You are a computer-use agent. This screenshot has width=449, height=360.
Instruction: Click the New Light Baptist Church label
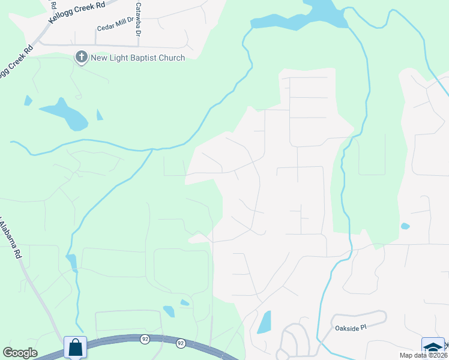coord(137,58)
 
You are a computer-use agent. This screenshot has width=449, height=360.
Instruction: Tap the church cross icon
coord(80,58)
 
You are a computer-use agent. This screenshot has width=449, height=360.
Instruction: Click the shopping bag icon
coord(75,347)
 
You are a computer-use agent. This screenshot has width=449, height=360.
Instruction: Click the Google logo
coord(20,353)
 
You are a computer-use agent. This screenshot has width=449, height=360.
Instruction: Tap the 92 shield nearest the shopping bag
coord(145,339)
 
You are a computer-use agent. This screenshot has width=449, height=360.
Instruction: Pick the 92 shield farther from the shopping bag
coord(180,344)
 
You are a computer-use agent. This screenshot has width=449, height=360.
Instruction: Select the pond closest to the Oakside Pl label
coord(264,322)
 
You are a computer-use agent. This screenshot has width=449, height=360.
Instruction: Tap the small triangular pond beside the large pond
coord(99,115)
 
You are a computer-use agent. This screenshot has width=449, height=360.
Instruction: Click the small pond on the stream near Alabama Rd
coord(71,262)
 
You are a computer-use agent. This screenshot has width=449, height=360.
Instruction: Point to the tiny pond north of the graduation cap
coord(405,226)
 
